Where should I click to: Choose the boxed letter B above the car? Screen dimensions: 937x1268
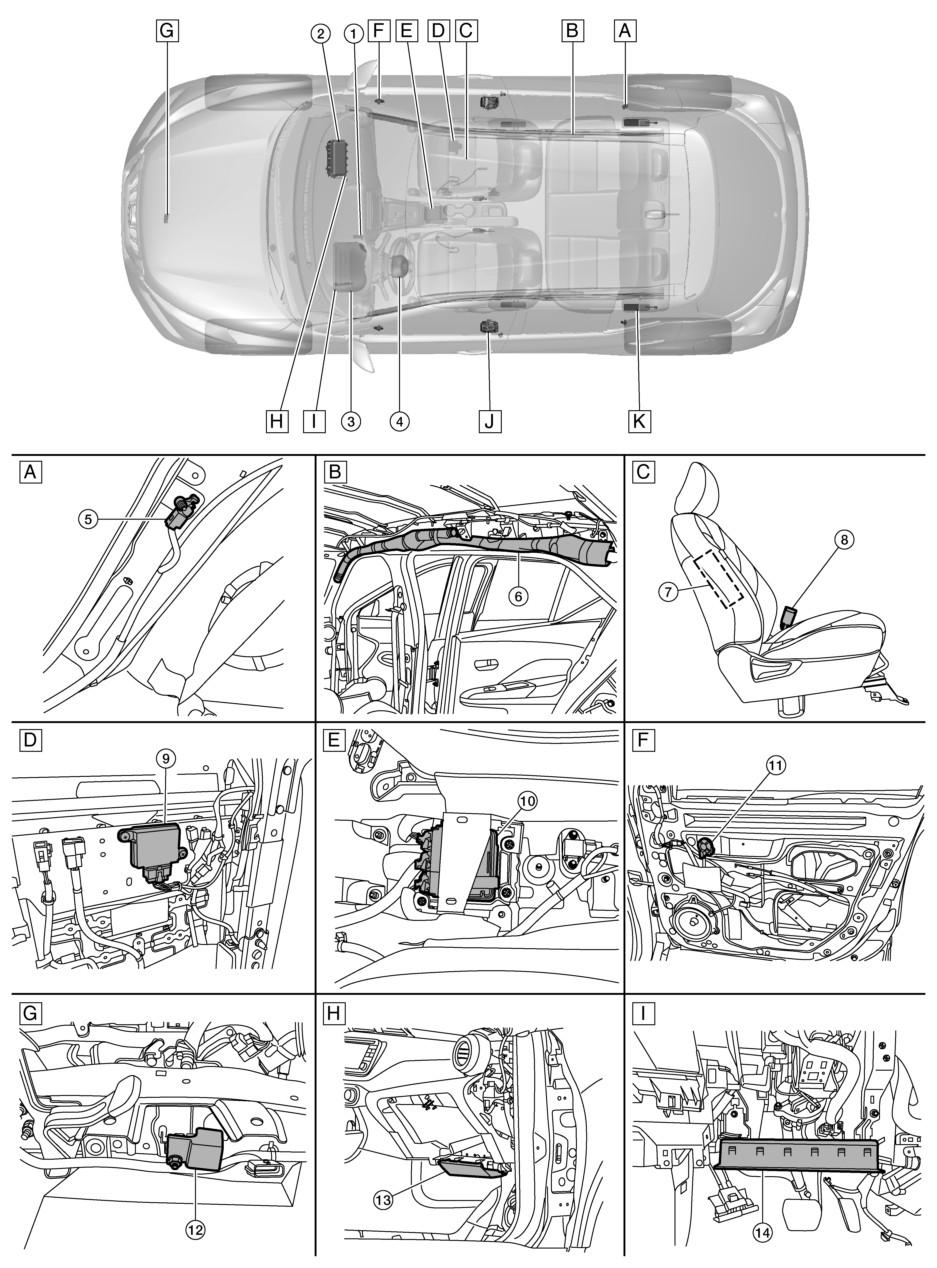click(x=572, y=31)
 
